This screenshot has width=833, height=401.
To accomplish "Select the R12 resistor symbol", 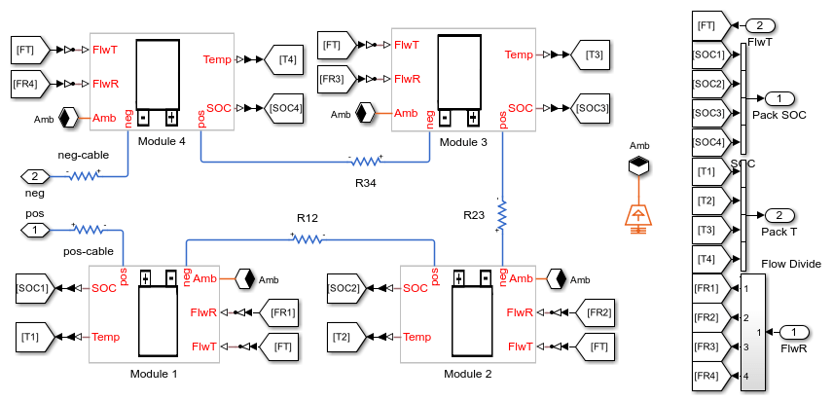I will point(308,237).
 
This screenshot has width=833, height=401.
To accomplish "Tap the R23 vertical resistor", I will point(502,216).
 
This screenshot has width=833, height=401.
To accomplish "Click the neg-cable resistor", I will point(83,176).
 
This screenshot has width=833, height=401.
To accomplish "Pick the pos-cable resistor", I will point(89,230).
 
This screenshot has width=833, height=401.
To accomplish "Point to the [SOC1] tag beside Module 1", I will point(32,288).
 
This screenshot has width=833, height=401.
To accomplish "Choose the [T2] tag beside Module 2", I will point(342,337).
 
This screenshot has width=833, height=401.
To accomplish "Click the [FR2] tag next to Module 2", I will point(598,312).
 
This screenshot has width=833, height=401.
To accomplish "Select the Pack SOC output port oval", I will point(780,98).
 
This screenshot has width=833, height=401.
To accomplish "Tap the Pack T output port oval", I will point(780,214).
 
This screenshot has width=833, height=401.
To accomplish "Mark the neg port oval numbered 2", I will point(34,176).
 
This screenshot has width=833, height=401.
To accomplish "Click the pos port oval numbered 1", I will point(34,230).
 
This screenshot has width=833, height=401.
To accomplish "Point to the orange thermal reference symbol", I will point(638,215).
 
